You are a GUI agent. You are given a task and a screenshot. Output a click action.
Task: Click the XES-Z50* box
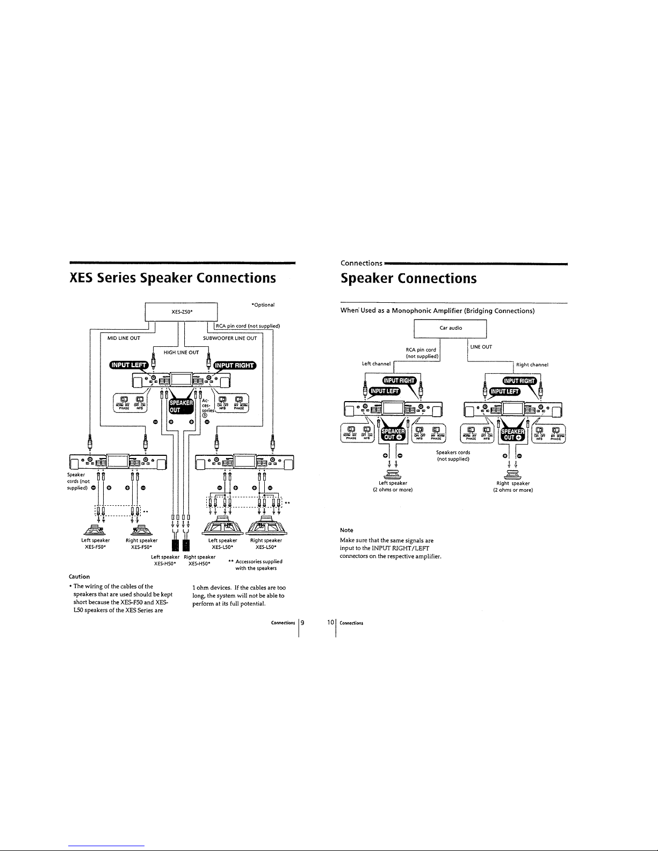pos(181,311)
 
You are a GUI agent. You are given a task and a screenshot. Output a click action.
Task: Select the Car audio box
pos(450,328)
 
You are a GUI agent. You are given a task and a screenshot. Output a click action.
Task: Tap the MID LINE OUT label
pos(124,338)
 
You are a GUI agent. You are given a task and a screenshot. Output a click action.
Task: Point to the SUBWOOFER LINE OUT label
pos(230,338)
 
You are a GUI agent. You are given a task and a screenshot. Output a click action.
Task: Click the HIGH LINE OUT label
pos(181,352)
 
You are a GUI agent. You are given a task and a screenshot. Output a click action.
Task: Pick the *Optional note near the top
pos(263,305)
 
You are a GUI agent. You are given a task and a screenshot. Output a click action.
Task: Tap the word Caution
pos(79,577)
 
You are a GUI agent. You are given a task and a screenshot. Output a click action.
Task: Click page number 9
pos(303,623)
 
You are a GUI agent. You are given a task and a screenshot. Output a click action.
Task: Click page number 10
pos(330,623)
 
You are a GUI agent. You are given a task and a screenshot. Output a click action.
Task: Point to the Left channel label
pos(376,364)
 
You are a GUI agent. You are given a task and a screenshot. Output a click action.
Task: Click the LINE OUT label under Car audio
pos(481,347)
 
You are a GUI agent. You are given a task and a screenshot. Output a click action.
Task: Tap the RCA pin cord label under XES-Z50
pos(248,326)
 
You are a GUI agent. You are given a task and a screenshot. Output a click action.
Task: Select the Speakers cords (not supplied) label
pos(454,456)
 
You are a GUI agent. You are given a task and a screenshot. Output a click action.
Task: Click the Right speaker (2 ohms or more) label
pos(513,486)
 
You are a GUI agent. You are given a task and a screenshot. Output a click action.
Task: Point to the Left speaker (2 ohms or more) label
pos(393,486)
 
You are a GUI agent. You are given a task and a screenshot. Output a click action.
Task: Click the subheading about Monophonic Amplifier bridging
pos(437,311)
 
